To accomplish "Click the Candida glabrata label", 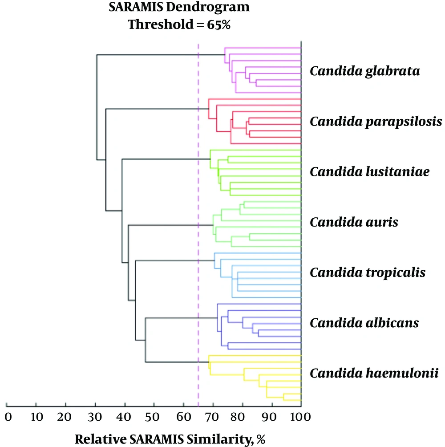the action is coord(364,71).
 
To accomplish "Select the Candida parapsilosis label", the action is coord(376,122).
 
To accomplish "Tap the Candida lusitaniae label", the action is coord(369,171).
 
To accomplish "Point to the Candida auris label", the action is coord(354,222).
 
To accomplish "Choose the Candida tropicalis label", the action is coord(368,273).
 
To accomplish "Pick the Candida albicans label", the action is coord(364,323).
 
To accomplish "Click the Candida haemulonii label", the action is coord(374,373).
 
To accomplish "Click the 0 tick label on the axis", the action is coord(8,417).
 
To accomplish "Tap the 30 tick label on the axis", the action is coord(95,417).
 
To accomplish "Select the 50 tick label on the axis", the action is coord(152,417).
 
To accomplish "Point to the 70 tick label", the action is coord(212,417).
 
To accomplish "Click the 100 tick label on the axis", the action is coord(300,417).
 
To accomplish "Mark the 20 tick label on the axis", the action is coord(64,417).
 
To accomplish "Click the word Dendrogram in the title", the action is coord(208,7).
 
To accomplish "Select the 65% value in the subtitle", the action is coord(219,24).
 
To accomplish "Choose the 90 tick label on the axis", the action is coord(269,417).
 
